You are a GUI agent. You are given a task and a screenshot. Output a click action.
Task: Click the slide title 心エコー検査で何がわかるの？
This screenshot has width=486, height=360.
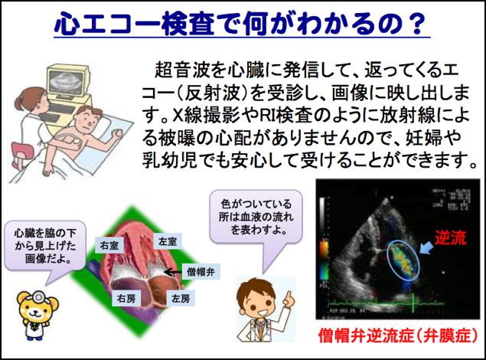click(x=242, y=24)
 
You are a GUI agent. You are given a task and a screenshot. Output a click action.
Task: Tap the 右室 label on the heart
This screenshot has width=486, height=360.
click(x=109, y=245)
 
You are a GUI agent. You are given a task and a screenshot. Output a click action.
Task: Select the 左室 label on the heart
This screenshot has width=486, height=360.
click(x=168, y=241)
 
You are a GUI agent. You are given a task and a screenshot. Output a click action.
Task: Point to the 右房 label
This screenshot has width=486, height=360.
click(x=126, y=298)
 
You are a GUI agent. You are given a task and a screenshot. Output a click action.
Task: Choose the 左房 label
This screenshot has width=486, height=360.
click(x=181, y=298)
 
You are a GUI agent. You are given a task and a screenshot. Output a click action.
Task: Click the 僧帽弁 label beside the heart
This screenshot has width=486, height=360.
click(x=201, y=272)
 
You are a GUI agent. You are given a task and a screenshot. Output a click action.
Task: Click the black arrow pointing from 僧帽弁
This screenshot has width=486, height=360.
click(x=173, y=272)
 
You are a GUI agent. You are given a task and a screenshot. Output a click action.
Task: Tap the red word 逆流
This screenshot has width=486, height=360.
click(x=450, y=237)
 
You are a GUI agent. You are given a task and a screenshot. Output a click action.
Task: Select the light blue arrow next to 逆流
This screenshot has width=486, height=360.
click(x=427, y=247)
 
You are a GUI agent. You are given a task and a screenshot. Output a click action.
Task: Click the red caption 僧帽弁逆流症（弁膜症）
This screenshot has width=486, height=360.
click(x=398, y=335)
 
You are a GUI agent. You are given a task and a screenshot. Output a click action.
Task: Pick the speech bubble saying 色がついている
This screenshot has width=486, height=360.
click(x=256, y=216)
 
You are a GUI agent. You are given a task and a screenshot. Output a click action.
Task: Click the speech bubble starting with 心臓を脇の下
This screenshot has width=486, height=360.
click(x=45, y=246)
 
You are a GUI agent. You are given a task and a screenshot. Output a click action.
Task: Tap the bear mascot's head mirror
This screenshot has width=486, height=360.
click(x=38, y=296)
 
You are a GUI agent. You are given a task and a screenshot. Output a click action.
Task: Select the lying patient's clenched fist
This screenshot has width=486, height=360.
click(x=118, y=133)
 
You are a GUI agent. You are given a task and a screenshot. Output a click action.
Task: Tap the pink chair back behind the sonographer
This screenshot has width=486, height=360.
click(x=22, y=152)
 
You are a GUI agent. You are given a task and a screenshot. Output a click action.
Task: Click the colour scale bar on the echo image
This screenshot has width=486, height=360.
click(x=324, y=259)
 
